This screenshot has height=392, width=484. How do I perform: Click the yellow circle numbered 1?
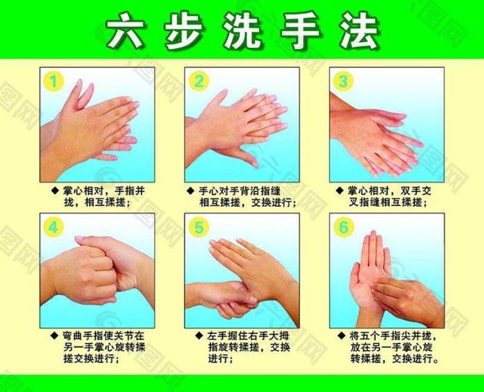54,82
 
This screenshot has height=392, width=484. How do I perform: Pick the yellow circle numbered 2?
199,82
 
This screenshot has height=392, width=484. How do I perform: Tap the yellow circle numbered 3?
343,82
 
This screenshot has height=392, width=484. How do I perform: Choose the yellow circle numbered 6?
343,227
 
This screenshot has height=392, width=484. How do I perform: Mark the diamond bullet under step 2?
190,190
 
